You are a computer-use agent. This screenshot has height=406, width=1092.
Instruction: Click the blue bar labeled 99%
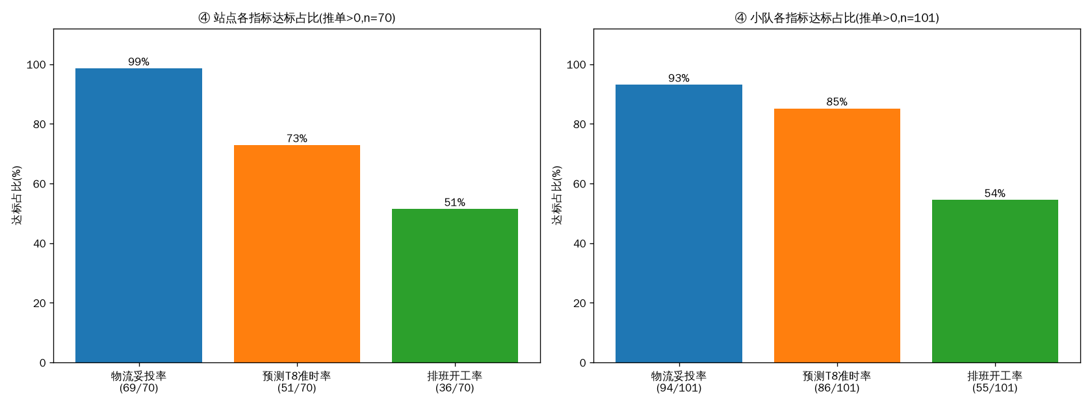click(x=138, y=215)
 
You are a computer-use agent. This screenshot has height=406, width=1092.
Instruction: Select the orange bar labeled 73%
click(x=297, y=254)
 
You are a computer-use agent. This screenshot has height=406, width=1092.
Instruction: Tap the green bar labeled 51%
click(x=455, y=286)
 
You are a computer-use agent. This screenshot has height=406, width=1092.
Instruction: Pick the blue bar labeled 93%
click(x=679, y=224)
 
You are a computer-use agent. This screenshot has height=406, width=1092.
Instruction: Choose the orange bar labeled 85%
click(x=837, y=236)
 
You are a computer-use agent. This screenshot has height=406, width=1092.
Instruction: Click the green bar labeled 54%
click(x=995, y=281)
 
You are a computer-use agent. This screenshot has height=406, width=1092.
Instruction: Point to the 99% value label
click(x=138, y=61)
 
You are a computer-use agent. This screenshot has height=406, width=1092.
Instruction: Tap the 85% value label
click(x=837, y=101)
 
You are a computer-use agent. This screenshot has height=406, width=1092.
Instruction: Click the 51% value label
click(x=455, y=202)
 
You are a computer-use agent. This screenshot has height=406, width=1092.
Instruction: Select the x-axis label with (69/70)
click(x=138, y=381)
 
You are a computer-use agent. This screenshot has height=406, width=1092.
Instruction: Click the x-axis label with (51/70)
click(x=297, y=381)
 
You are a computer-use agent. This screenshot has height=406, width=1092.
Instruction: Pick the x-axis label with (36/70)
click(x=455, y=381)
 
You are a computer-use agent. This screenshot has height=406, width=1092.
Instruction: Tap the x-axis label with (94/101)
click(x=679, y=381)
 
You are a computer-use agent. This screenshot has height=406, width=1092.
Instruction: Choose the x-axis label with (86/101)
click(x=837, y=381)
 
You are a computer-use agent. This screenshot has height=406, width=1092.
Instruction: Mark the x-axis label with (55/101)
click(x=995, y=381)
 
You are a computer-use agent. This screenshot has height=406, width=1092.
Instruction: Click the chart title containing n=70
click(x=297, y=18)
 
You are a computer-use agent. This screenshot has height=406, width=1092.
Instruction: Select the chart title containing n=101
click(x=837, y=18)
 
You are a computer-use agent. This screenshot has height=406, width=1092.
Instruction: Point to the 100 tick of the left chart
click(x=36, y=65)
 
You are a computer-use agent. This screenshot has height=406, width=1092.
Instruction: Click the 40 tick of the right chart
click(x=580, y=243)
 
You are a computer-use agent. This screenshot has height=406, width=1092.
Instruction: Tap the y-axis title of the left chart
click(x=17, y=195)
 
